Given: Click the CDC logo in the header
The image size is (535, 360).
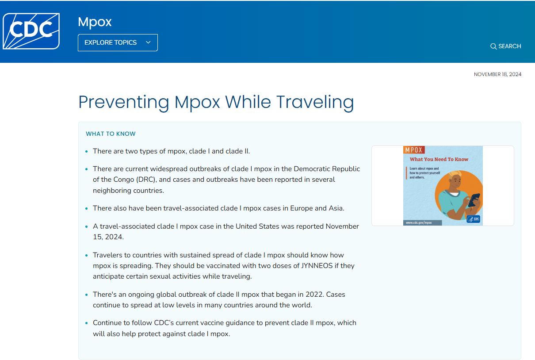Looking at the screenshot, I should (x=31, y=31).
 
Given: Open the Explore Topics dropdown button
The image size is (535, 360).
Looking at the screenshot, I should (x=118, y=42).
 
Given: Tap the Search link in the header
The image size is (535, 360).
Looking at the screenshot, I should (x=509, y=46).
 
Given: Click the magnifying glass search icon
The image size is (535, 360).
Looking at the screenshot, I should (x=493, y=46).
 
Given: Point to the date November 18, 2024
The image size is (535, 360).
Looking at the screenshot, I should (x=497, y=74).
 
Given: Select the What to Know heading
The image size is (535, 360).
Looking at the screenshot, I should (x=111, y=134).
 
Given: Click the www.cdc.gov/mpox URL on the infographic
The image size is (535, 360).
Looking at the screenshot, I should (x=418, y=222).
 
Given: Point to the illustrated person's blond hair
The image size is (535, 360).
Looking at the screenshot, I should (x=455, y=176).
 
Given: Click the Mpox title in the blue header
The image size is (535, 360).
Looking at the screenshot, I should (x=95, y=22).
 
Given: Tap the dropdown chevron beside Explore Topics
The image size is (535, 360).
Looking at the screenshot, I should (x=148, y=42).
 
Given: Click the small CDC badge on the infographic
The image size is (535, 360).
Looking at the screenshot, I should (x=473, y=219).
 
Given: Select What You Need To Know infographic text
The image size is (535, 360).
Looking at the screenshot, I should (x=439, y=159).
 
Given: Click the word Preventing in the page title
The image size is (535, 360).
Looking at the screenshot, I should (x=124, y=102).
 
